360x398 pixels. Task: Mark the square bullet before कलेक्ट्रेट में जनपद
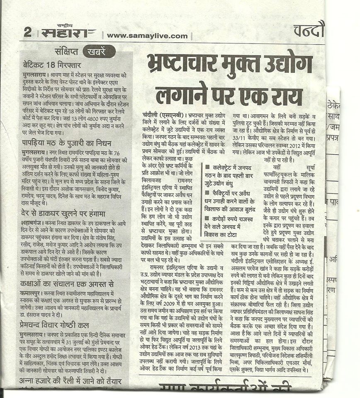(207, 167)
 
